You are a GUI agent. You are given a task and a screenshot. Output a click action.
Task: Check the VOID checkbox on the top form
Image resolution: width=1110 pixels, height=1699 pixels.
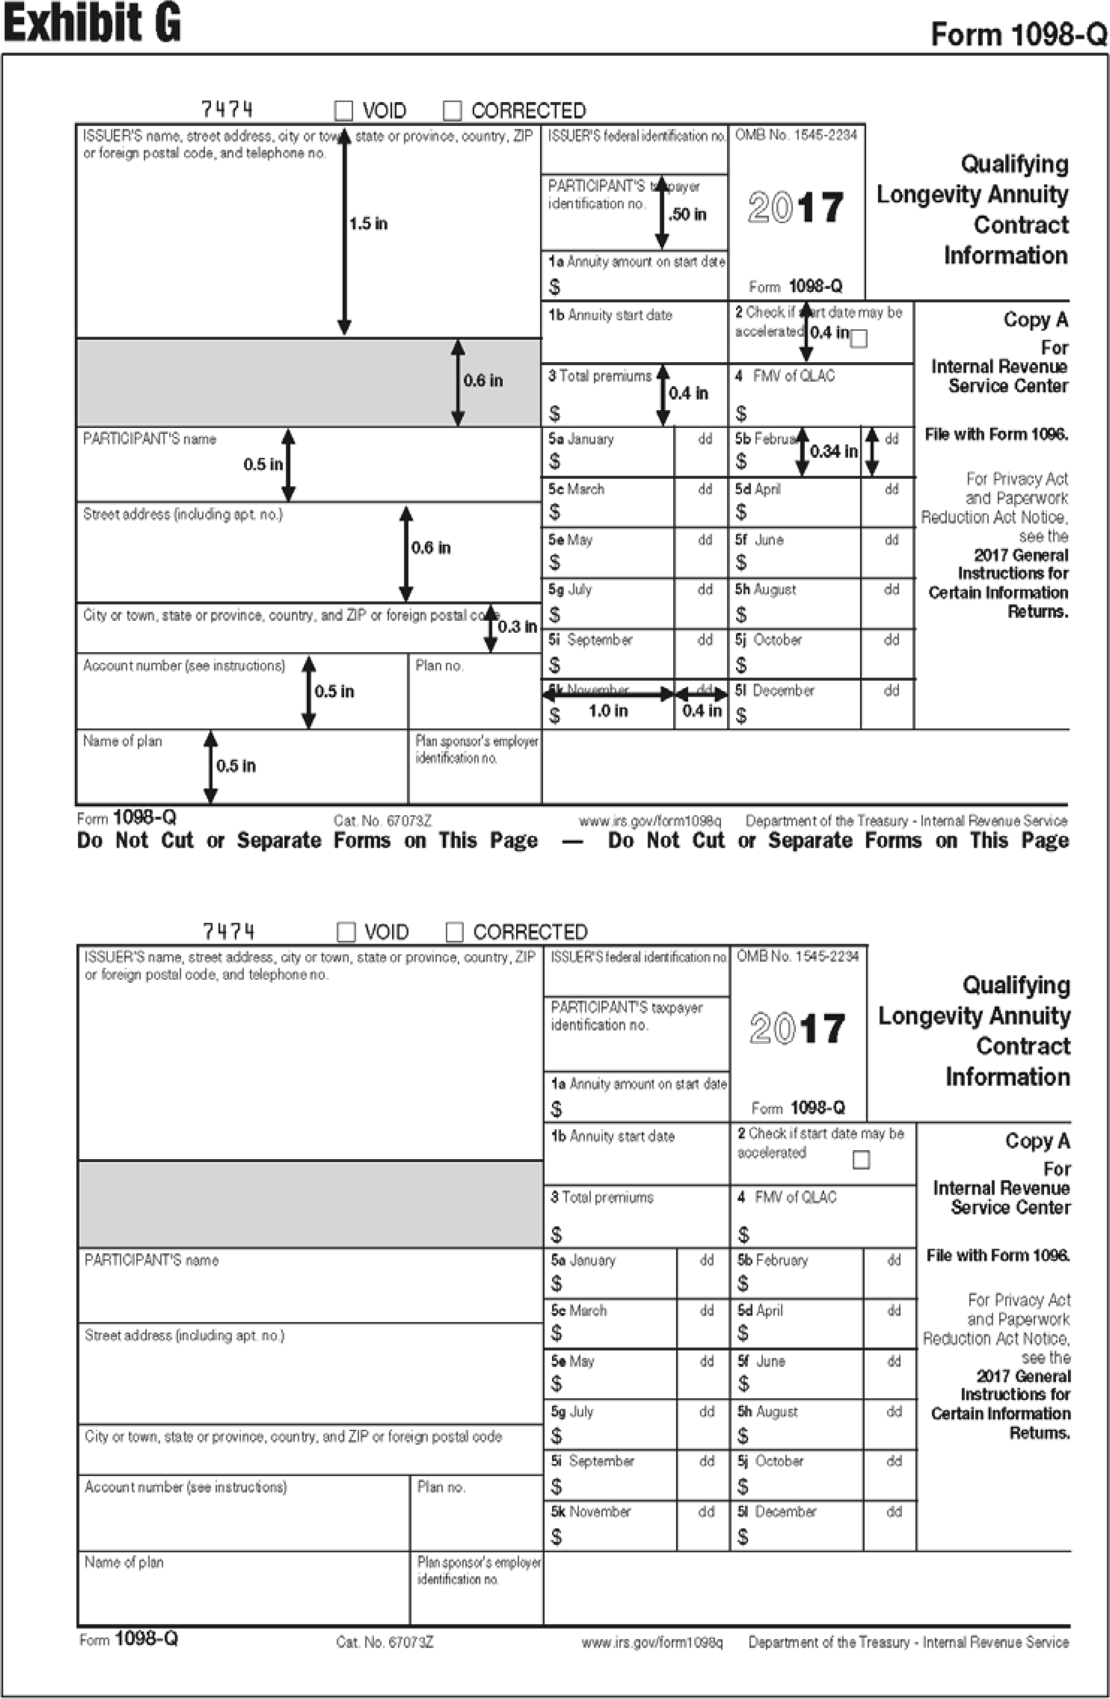coord(344,111)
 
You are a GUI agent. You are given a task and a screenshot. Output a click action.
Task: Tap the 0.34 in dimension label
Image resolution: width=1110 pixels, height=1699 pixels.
coord(833,451)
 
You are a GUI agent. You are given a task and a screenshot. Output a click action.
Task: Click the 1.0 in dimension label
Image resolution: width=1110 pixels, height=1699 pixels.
coord(608,711)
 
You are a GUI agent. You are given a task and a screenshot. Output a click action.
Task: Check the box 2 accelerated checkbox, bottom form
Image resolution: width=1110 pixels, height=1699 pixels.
coord(862,1160)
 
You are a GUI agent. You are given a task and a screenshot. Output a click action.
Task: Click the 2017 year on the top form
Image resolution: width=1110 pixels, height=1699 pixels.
coord(796,208)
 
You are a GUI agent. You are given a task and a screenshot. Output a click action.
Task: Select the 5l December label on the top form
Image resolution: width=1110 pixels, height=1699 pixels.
coord(775,690)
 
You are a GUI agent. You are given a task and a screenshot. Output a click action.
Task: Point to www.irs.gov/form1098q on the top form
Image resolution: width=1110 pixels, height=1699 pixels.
coord(650,821)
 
